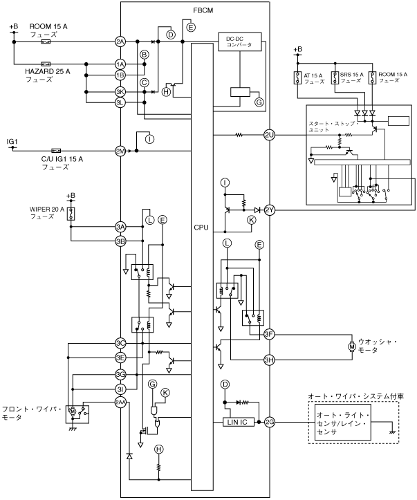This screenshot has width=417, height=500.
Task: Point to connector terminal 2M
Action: [x=120, y=150]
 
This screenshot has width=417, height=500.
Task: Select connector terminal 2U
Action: [x=270, y=135]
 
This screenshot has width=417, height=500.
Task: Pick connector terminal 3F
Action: [x=270, y=334]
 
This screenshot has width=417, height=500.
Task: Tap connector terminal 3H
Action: [x=270, y=360]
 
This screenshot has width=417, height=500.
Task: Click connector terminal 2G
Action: [x=270, y=421]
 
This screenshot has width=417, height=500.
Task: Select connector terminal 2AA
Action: [x=120, y=403]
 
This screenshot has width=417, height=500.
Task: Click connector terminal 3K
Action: [x=120, y=91]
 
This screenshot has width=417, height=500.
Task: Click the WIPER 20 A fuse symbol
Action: [x=70, y=213]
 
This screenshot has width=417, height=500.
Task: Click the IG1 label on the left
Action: [x=12, y=141]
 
